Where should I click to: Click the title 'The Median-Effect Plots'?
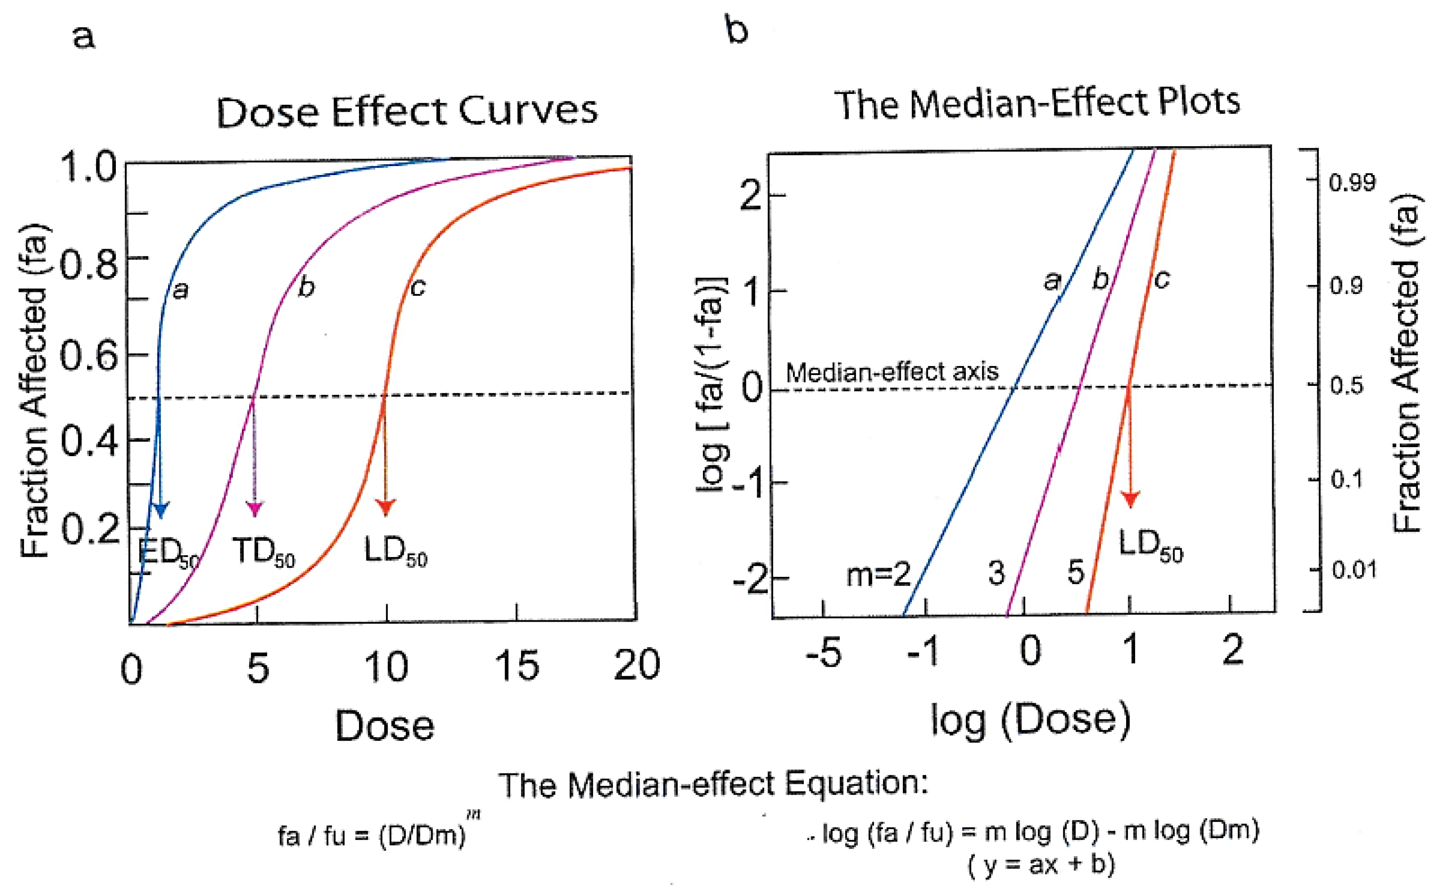1037,104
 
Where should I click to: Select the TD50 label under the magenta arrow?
264,552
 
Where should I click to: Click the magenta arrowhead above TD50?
255,509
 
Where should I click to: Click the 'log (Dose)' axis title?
1031,720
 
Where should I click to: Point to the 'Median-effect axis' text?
892,372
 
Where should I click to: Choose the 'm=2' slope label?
879,574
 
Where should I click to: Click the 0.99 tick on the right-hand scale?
1352,183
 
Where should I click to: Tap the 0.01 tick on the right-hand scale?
1354,570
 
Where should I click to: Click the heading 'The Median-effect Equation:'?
713,785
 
